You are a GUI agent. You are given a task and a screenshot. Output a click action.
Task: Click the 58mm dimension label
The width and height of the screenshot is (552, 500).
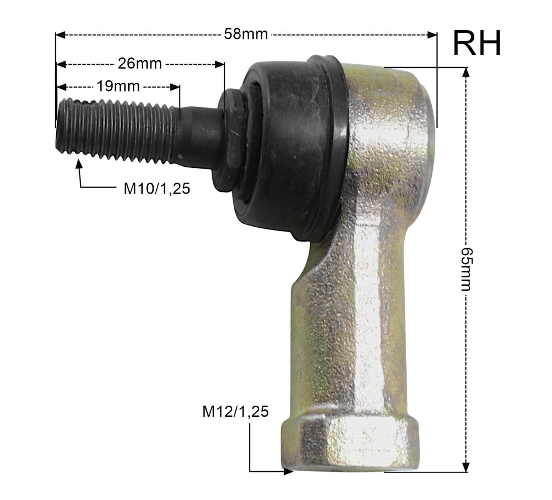pos(245,34)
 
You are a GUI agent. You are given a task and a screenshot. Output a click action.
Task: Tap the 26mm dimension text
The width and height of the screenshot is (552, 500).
pos(140,64)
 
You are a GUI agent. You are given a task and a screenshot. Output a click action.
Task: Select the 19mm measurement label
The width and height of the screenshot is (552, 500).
pos(118,86)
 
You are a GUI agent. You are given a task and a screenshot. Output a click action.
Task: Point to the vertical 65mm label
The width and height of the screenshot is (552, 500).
pos(466,269)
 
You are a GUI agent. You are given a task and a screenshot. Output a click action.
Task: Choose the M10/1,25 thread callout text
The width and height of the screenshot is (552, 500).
pos(157,189)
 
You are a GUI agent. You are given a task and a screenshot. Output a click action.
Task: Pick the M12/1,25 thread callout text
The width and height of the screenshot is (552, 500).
pos(235,412)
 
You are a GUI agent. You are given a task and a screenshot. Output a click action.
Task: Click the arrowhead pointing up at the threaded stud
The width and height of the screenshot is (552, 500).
pos(79,163)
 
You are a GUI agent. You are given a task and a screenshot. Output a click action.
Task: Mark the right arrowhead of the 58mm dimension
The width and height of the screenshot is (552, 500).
pos(432,35)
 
